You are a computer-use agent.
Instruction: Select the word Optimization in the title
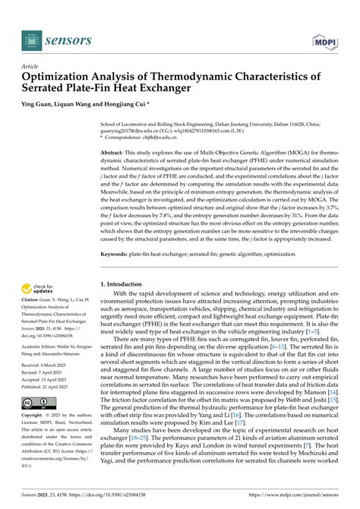point(58,77)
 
